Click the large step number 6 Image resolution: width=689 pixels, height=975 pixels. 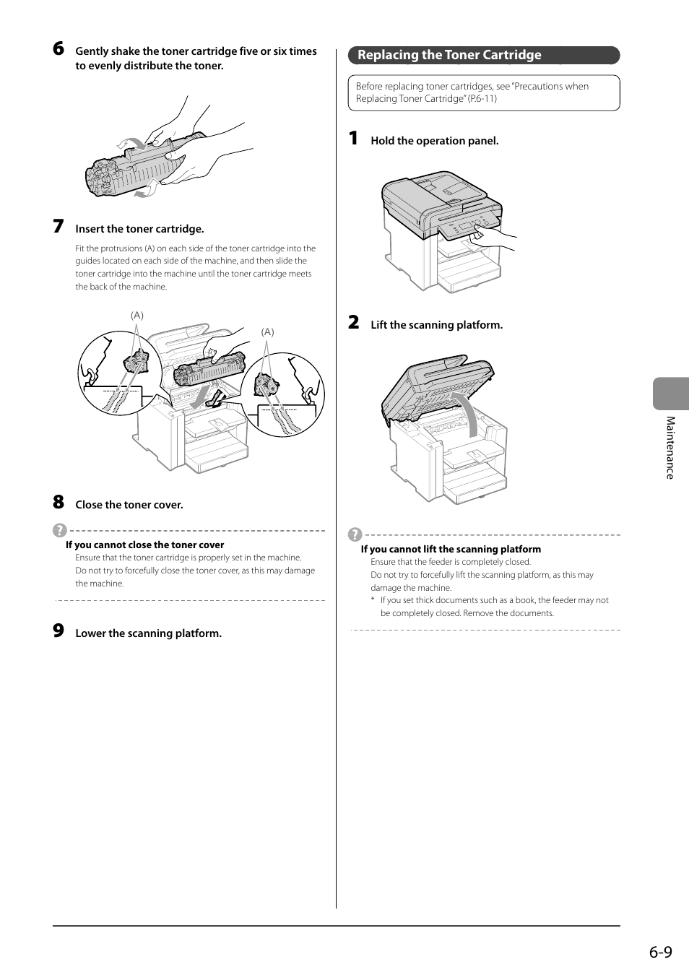pyautogui.click(x=58, y=48)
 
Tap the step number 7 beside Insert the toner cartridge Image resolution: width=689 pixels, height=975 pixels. pyautogui.click(x=58, y=226)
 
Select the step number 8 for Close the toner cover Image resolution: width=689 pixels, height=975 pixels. pyautogui.click(x=58, y=502)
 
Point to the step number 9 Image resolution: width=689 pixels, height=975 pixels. pyautogui.click(x=58, y=630)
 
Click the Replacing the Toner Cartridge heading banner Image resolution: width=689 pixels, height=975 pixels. pyautogui.click(x=484, y=56)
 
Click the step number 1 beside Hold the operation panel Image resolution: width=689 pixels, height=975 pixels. pyautogui.click(x=353, y=139)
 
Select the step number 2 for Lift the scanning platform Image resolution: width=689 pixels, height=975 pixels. pyautogui.click(x=354, y=323)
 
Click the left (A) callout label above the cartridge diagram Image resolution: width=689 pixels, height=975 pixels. pyautogui.click(x=137, y=316)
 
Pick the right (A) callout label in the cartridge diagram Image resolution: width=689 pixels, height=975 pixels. pyautogui.click(x=268, y=332)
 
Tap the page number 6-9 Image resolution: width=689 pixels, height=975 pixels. pyautogui.click(x=661, y=952)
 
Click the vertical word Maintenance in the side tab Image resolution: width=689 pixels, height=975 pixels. pyautogui.click(x=670, y=448)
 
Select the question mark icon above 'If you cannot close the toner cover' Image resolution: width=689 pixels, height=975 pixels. pyautogui.click(x=60, y=531)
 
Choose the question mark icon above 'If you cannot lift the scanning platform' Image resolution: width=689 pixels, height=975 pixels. pyautogui.click(x=355, y=534)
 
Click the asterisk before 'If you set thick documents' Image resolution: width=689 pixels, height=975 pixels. pyautogui.click(x=373, y=600)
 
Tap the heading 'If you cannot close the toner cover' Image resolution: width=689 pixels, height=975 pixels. pyautogui.click(x=145, y=545)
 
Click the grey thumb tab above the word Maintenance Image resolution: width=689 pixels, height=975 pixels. pyautogui.click(x=671, y=394)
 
